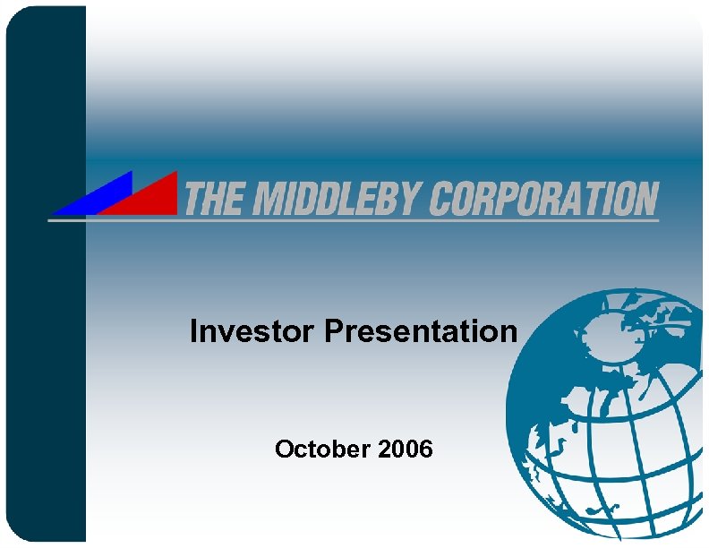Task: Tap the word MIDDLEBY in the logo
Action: point(325,198)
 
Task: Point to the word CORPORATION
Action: point(542,198)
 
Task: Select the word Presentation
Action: point(421,332)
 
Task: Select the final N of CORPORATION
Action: point(644,198)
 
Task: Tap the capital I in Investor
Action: point(193,332)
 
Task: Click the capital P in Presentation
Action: point(333,332)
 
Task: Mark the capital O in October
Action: point(285,448)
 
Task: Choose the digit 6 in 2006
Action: point(425,448)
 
